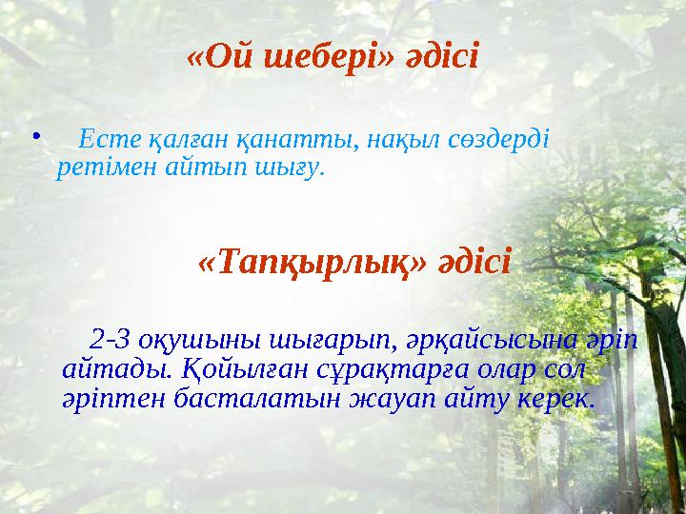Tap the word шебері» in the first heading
tap(313, 57)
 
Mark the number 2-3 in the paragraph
tap(115, 339)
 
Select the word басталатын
tap(252, 397)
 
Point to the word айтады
tap(111, 367)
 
